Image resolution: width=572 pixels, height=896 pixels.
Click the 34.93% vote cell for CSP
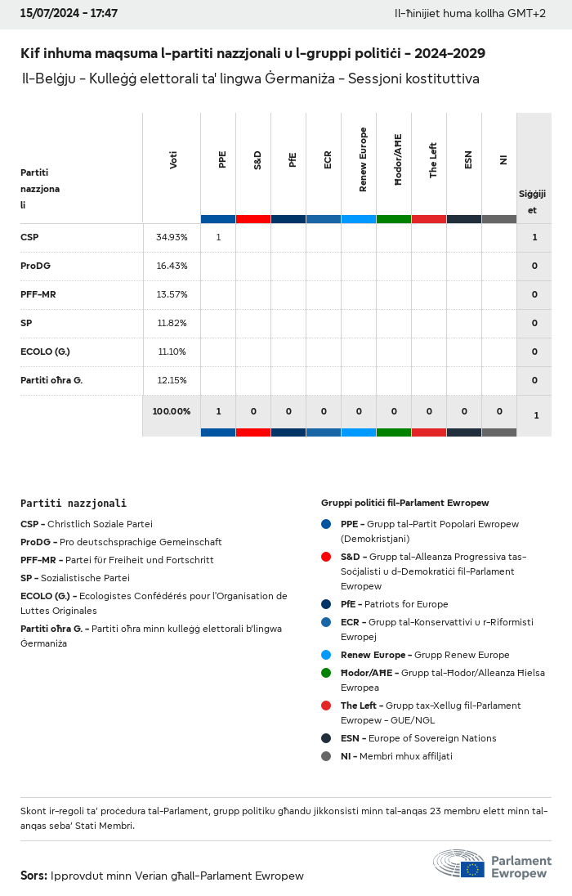172,237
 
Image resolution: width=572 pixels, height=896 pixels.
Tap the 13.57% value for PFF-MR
172,294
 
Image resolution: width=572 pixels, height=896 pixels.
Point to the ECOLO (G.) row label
45,352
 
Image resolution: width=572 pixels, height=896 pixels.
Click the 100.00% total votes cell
172,411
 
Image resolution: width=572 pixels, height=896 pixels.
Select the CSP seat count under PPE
218,237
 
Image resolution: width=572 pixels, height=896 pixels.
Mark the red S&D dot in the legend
326,557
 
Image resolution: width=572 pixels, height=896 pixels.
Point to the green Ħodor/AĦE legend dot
326,673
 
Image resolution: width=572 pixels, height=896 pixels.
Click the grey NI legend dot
326,756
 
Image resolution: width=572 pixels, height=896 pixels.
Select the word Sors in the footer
34,876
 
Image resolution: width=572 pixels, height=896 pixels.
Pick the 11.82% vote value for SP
172,323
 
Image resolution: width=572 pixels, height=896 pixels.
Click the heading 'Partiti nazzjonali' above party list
74,504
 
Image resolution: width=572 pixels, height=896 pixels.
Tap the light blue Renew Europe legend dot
326,655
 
